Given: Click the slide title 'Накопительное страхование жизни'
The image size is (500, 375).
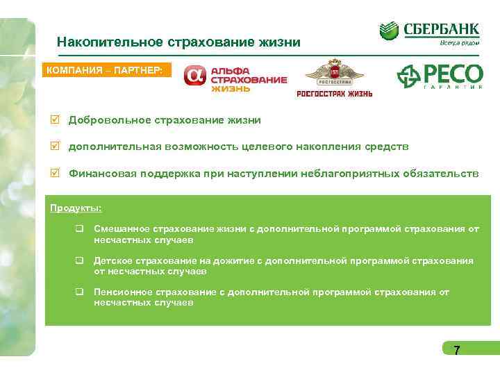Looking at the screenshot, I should click(x=178, y=42).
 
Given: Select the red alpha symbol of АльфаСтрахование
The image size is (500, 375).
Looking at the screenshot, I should click(x=195, y=78).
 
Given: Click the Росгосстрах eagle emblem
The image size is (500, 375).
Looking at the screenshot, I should click(x=335, y=74).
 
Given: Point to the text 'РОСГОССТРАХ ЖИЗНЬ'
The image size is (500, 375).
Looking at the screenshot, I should click(x=335, y=94).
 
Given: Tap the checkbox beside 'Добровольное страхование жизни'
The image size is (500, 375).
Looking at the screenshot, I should click(x=56, y=120).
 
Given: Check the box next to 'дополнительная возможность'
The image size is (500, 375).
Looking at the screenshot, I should click(x=56, y=147).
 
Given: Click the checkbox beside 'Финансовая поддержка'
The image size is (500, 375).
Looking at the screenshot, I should click(x=56, y=173).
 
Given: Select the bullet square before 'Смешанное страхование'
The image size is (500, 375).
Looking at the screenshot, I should click(x=80, y=228).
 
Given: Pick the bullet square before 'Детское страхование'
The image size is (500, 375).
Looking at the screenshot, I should click(x=80, y=261).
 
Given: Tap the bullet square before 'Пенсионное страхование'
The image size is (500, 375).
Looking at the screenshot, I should click(x=80, y=292).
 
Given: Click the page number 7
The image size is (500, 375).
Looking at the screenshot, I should click(x=456, y=350).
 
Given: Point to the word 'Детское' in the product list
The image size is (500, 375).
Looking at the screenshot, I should click(x=110, y=260).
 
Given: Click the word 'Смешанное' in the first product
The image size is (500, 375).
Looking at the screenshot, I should click(x=119, y=228).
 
